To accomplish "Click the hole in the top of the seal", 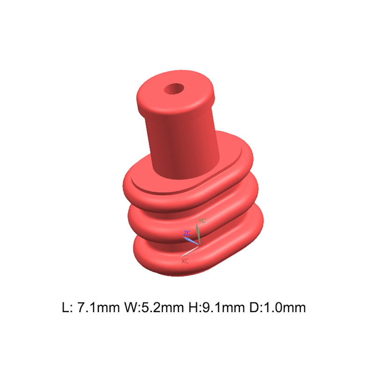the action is point(174,89).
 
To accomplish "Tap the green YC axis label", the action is point(202,220).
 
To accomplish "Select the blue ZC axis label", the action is point(187,233).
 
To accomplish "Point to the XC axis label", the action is point(185,261).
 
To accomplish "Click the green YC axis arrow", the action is point(198,233).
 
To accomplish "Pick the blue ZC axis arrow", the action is point(191,240).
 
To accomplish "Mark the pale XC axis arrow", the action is point(190,251).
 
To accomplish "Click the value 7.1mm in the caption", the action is point(98,307).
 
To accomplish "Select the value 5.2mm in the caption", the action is point(163,307).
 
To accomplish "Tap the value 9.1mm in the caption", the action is point(224,307).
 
